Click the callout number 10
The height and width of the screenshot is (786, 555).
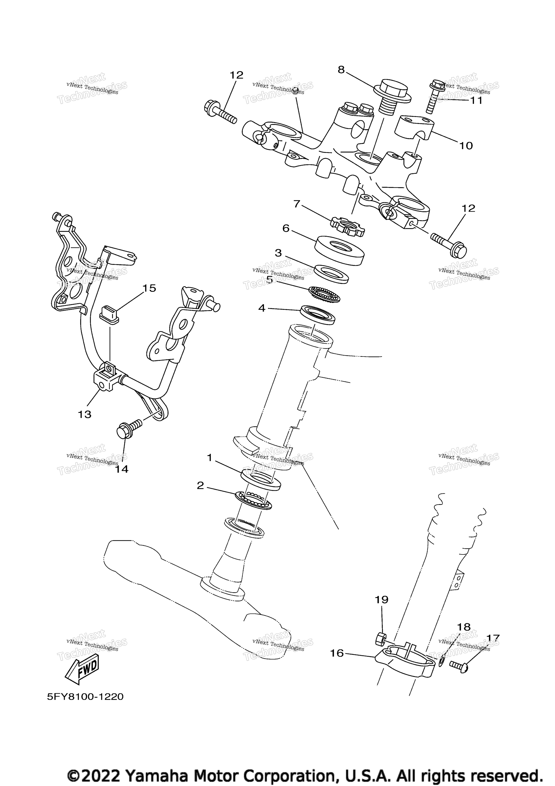tap(466, 146)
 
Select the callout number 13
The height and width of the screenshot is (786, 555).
tap(85, 414)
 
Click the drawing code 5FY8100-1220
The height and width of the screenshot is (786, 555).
tap(85, 697)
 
